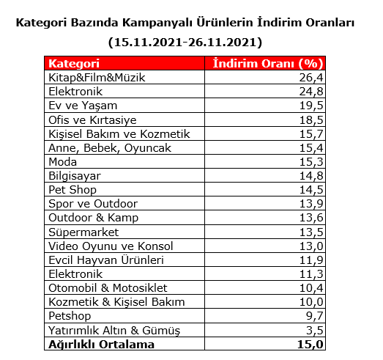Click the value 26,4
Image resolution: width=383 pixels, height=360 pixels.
coord(311,78)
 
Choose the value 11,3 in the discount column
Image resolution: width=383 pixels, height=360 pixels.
coord(311,273)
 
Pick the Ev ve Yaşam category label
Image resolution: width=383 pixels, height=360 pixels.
coord(81,106)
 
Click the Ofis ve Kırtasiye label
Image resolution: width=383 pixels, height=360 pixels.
coord(92,120)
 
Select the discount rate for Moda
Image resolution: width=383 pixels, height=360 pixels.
coord(311,161)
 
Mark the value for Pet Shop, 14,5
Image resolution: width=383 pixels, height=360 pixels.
coord(311,189)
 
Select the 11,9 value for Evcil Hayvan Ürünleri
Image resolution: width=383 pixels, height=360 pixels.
coord(311,260)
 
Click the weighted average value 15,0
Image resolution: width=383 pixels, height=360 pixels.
coord(311,344)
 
